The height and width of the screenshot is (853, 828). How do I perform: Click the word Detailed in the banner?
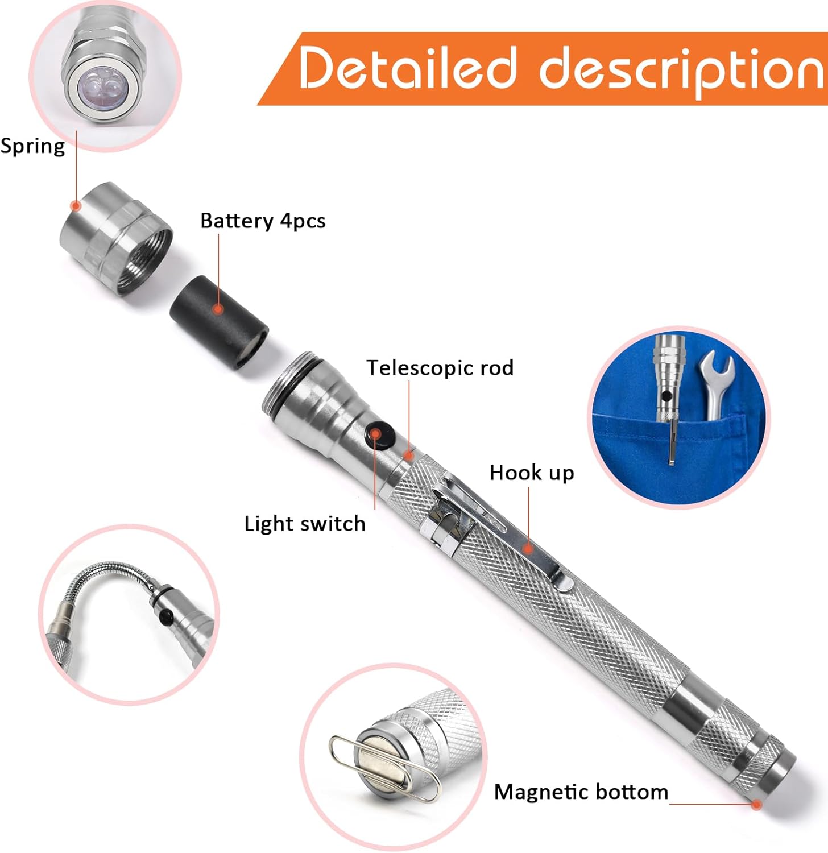click(x=408, y=68)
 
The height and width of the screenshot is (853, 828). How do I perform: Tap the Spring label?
click(x=32, y=146)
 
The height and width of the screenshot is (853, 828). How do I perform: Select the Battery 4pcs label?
click(x=263, y=221)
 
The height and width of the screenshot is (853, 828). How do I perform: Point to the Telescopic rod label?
click(x=440, y=368)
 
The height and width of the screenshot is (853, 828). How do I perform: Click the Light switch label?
click(x=304, y=524)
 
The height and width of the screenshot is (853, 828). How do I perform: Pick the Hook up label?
click(x=532, y=473)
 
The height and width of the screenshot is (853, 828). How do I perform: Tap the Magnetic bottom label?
click(x=581, y=792)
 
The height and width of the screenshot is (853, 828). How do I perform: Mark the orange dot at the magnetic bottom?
click(x=756, y=804)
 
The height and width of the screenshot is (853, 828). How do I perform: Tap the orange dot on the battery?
click(x=218, y=309)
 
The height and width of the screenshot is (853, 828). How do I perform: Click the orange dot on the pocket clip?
click(x=528, y=549)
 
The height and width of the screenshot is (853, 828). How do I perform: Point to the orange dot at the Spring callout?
click(x=75, y=206)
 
